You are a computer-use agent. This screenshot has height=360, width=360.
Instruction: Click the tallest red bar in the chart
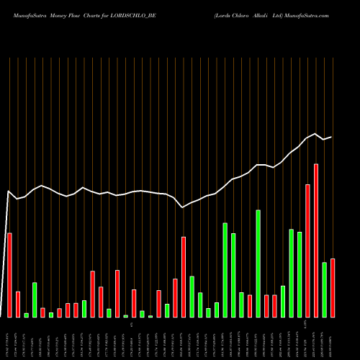click(x=316, y=240)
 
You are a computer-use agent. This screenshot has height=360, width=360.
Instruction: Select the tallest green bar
click(x=258, y=264)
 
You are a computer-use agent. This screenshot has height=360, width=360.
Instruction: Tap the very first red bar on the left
click(x=9, y=275)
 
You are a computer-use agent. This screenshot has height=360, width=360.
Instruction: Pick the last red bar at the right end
click(x=333, y=288)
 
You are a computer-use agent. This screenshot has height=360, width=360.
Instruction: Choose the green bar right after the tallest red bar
click(x=325, y=289)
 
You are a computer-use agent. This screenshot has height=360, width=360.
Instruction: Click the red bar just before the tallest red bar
click(x=308, y=251)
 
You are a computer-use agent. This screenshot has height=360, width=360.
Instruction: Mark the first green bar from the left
click(x=26, y=315)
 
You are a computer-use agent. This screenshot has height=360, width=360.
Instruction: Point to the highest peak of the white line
click(x=315, y=133)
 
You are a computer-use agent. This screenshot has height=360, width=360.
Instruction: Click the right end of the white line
click(x=331, y=137)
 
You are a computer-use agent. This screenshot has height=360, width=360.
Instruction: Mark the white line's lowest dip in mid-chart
click(x=183, y=207)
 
